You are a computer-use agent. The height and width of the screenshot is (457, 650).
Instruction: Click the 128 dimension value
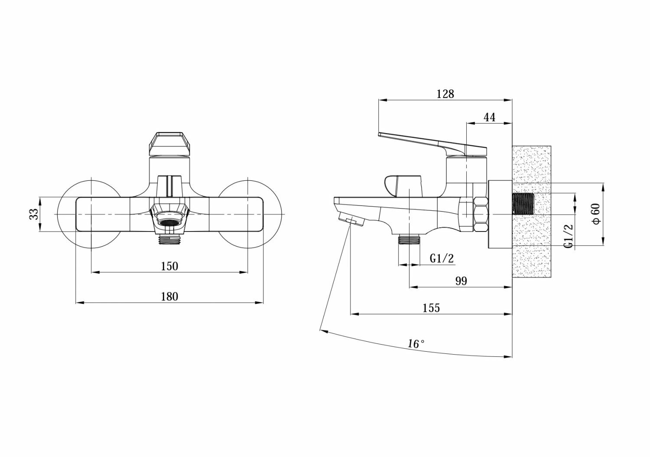coord(445,94)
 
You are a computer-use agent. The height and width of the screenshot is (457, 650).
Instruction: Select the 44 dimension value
coord(489,117)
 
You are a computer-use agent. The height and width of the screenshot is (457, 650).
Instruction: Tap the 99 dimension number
coord(461,281)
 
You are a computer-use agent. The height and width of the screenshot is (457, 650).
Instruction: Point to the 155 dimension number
coord(431,308)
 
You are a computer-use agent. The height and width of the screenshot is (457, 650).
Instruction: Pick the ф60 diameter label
coord(597,214)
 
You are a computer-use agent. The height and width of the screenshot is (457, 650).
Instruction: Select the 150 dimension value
coord(169,266)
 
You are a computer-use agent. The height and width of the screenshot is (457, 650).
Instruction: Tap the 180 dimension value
coord(169,297)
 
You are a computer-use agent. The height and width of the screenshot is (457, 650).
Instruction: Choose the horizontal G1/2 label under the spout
coord(442,258)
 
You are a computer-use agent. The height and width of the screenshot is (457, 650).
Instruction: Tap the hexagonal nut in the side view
coord(481,214)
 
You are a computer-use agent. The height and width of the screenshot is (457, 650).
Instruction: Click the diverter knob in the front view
coord(169,186)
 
